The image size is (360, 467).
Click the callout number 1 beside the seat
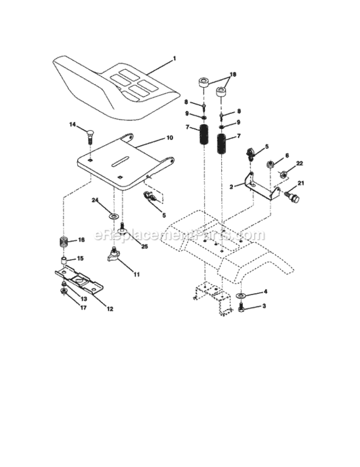pos(174,59)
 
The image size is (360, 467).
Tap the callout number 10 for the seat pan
pos(169,138)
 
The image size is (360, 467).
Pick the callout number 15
pos(80,258)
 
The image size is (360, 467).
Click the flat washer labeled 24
pos(113,215)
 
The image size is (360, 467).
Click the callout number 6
pos(287,156)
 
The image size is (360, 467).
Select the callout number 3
pos(264,306)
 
